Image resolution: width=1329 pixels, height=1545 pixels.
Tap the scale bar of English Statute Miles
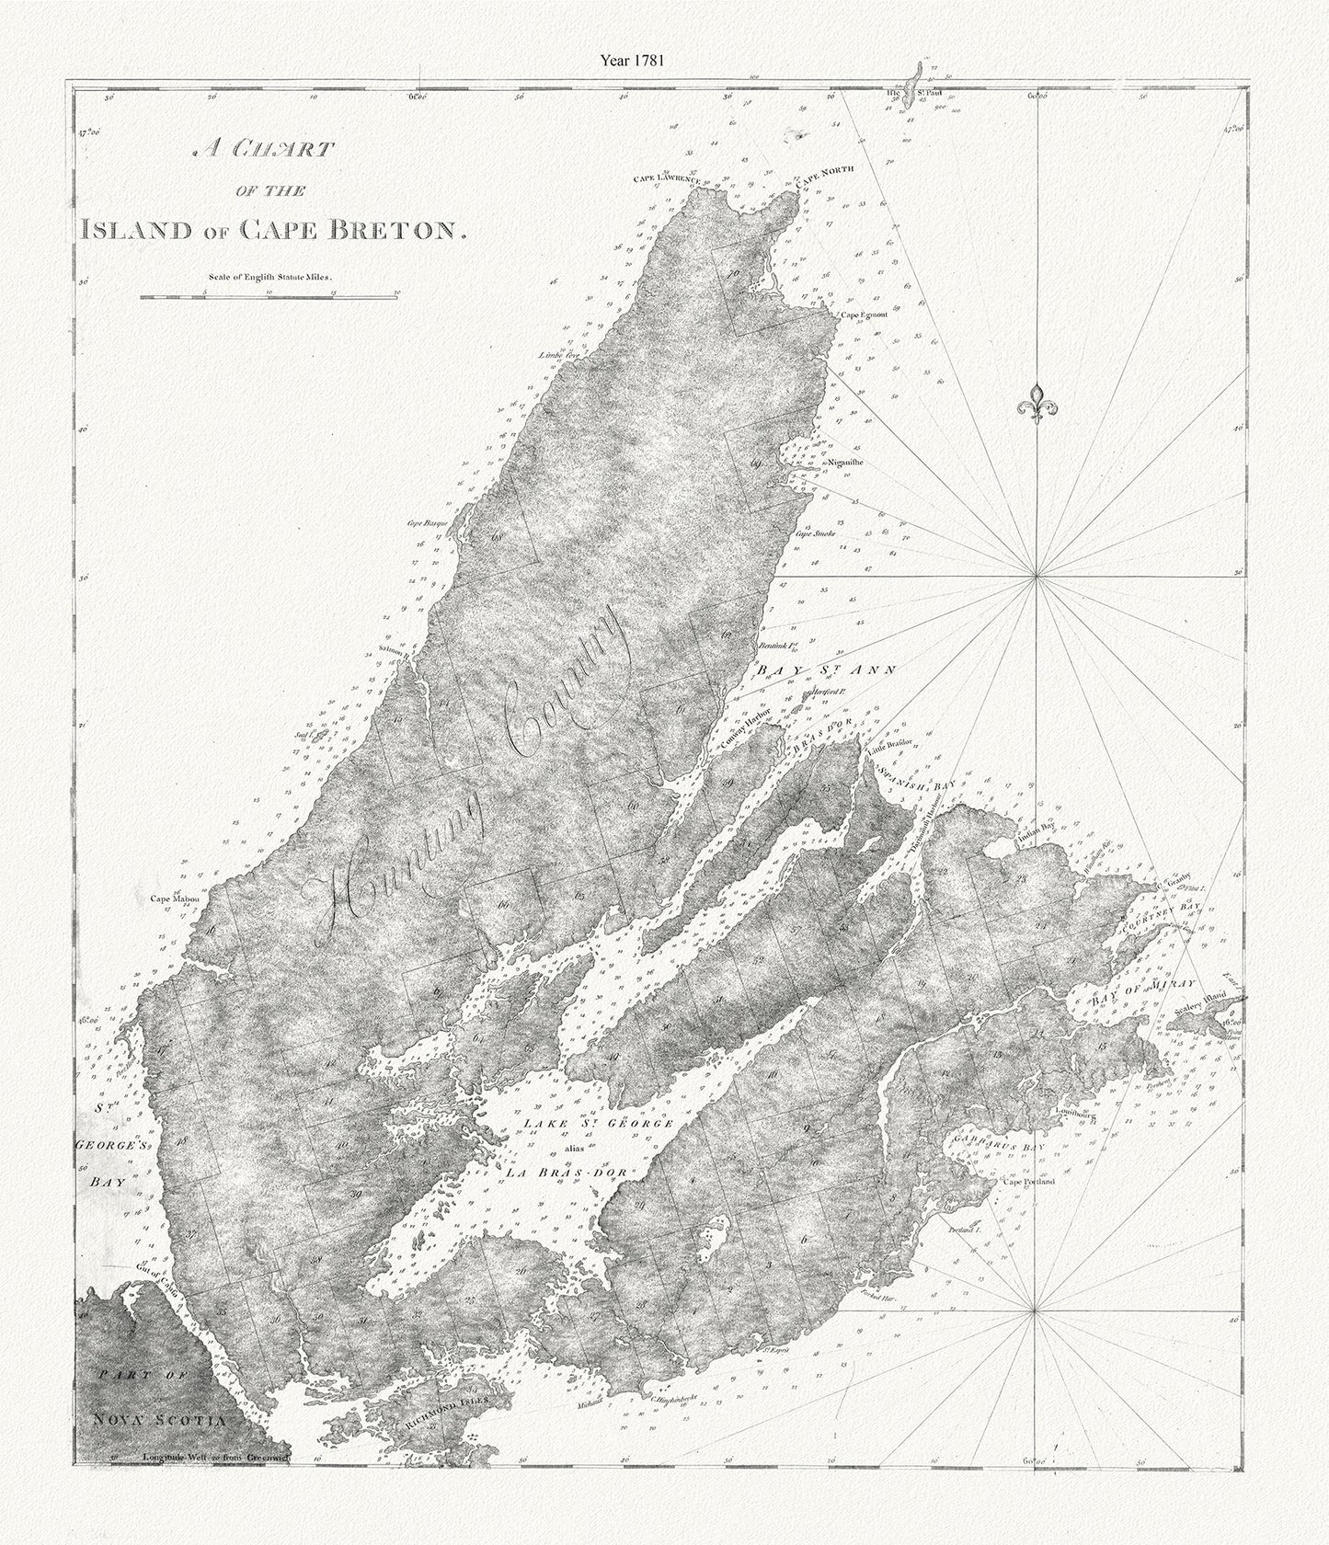268,297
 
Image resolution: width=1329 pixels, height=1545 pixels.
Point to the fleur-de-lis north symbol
1037,402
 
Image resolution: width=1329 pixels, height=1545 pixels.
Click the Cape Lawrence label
667,178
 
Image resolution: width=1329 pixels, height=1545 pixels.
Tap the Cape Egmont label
862,315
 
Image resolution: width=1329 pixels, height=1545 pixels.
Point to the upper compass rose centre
1037,576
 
